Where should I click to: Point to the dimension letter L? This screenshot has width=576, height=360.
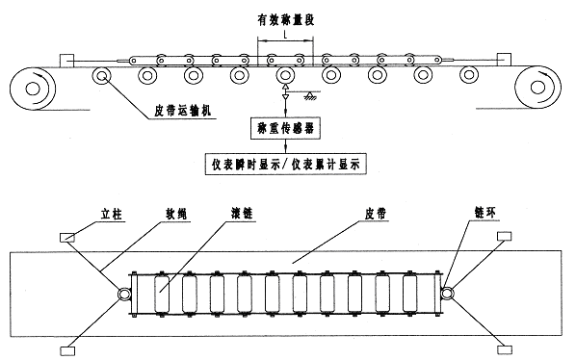(285, 34)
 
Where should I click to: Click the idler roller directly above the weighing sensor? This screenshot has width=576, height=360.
(285, 75)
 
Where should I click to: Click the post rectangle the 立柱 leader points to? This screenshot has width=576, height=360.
(68, 237)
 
